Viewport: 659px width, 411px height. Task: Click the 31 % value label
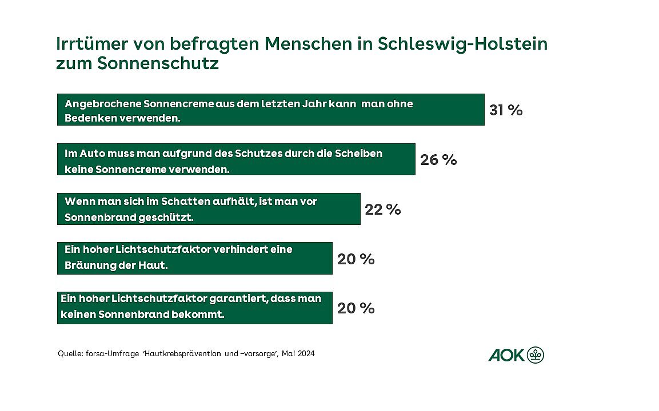[x=506, y=110]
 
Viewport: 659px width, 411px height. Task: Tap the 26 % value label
[x=438, y=160]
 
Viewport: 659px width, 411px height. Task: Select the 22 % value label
[x=383, y=209]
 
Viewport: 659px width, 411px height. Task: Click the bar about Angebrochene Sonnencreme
[x=270, y=110]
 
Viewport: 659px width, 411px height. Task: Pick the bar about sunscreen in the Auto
[x=235, y=159]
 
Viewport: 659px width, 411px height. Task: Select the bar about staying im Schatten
[x=209, y=209]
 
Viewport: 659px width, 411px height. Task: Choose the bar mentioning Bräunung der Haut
[x=194, y=258]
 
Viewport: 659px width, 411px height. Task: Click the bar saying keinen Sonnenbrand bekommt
[x=194, y=308]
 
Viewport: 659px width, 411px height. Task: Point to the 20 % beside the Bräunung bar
[x=356, y=259]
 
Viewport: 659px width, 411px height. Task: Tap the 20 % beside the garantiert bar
[x=356, y=308]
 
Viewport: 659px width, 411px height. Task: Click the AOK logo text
[x=506, y=355]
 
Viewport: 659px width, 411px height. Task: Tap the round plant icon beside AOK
[x=536, y=355]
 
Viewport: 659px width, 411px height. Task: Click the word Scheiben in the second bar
[x=362, y=154]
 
